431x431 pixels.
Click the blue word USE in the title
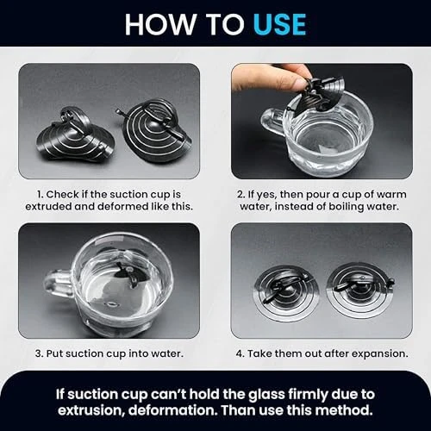point(279,24)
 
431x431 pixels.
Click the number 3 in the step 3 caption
point(39,353)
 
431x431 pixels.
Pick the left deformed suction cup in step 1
point(76,135)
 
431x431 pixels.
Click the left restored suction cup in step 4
point(286,290)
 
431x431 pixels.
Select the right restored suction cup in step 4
point(361,290)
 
